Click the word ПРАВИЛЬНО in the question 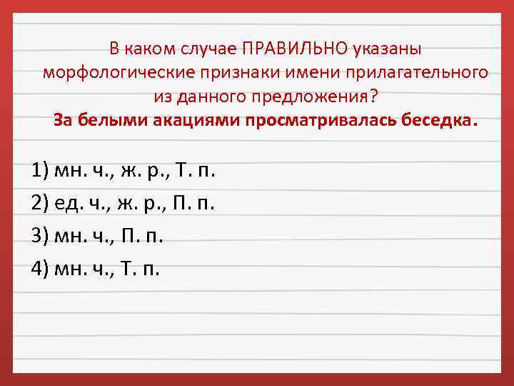(x=295, y=49)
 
